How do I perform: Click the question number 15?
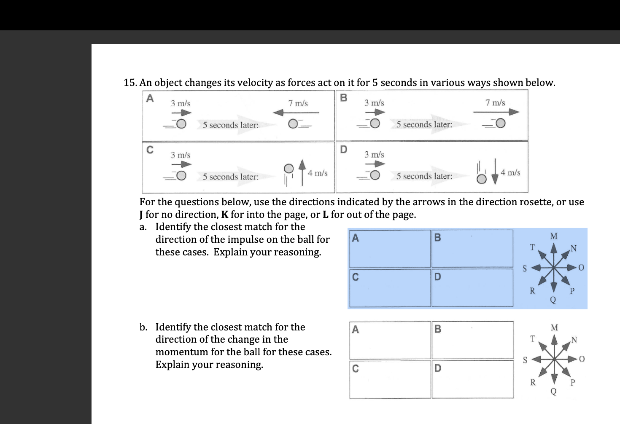(129, 83)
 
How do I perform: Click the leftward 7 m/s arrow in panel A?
(296, 113)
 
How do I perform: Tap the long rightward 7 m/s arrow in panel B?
(496, 112)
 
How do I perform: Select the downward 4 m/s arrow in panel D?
(495, 174)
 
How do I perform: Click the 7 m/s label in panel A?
(298, 103)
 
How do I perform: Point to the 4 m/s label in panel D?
(510, 173)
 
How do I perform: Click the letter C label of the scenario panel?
(150, 150)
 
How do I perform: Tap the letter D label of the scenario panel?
(343, 149)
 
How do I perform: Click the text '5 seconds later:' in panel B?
(424, 125)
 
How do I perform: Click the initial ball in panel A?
(181, 124)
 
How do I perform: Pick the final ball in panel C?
(288, 168)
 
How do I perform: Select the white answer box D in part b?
(472, 379)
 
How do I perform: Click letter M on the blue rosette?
(554, 236)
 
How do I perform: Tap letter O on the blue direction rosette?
(582, 268)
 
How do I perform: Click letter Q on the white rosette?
(553, 392)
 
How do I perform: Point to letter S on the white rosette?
(525, 360)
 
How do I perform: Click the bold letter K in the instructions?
(225, 215)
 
